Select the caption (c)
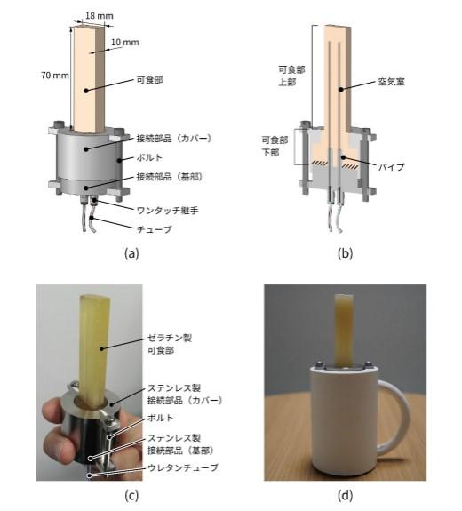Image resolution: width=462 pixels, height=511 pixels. [x=131, y=495]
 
